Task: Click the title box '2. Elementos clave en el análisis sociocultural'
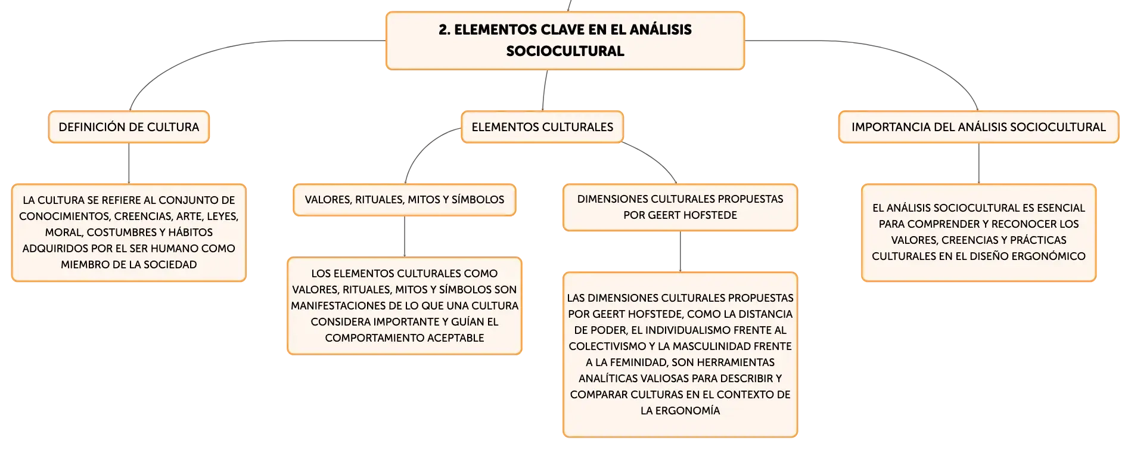[565, 41]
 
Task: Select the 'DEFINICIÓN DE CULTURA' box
[129, 127]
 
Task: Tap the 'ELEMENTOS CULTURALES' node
[542, 127]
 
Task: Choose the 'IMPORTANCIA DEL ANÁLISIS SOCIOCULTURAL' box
[978, 127]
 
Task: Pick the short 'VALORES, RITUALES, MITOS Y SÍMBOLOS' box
[405, 200]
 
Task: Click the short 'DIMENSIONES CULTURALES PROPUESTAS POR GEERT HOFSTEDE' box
[680, 208]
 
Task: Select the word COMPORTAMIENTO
[368, 338]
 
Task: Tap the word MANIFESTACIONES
[338, 306]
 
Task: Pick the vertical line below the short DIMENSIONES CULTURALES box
[680, 252]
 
